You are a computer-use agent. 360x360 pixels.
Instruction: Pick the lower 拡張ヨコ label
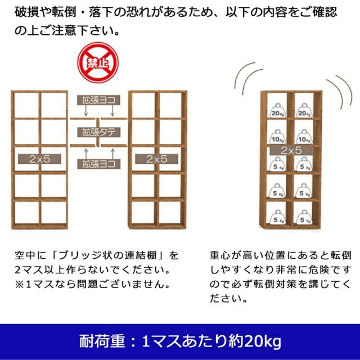click(x=98, y=164)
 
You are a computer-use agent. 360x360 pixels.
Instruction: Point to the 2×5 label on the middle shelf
click(x=157, y=159)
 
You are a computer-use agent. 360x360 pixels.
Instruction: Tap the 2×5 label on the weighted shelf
click(x=290, y=151)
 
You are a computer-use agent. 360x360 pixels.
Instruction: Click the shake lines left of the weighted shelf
click(x=245, y=79)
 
